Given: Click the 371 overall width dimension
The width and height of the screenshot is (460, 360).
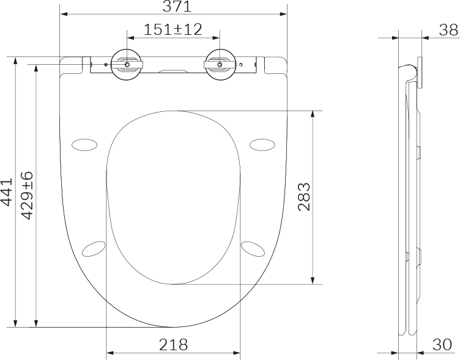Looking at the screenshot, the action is tap(177, 7).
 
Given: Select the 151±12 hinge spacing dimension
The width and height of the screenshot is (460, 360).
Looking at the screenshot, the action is tap(173, 29).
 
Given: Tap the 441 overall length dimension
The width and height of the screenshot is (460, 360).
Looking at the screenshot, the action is tap(7, 192).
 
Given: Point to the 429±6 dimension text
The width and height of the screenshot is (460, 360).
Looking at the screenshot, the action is tap(28, 196).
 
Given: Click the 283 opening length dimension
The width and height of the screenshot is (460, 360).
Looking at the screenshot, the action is tap(304, 197).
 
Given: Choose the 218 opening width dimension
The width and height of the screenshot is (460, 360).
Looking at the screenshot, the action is tap(173, 345).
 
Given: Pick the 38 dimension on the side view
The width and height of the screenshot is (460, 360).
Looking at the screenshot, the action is tap(448, 30).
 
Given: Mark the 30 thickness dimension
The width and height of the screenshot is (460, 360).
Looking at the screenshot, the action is tap(442, 345).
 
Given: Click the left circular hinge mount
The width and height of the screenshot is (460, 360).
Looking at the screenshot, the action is tap(127, 65).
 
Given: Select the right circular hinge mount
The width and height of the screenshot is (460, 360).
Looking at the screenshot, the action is tap(220, 65).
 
